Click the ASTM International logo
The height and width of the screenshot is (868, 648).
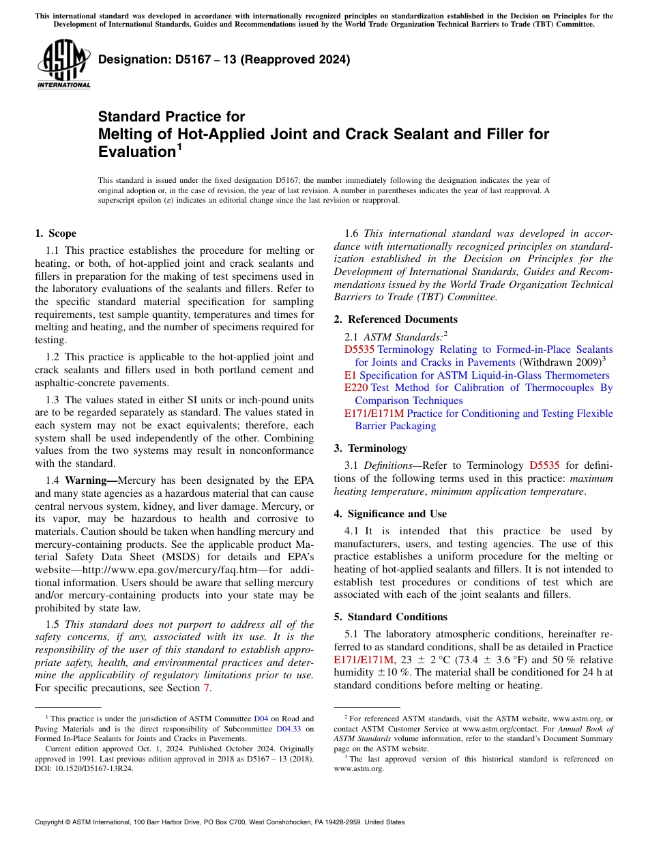pyautogui.click(x=63, y=64)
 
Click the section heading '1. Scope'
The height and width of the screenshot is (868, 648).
pyautogui.click(x=55, y=233)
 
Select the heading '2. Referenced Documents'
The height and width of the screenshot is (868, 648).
pyautogui.click(x=396, y=319)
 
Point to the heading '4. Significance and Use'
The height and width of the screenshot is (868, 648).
pyautogui.click(x=390, y=514)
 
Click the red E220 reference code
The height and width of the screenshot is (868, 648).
pyautogui.click(x=356, y=388)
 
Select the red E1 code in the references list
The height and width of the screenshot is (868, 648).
pyautogui.click(x=350, y=375)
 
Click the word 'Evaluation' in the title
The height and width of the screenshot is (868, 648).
pyautogui.click(x=136, y=151)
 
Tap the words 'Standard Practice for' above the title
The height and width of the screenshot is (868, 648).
pyautogui.click(x=171, y=117)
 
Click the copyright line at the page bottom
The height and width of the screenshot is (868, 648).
pyautogui.click(x=220, y=822)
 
